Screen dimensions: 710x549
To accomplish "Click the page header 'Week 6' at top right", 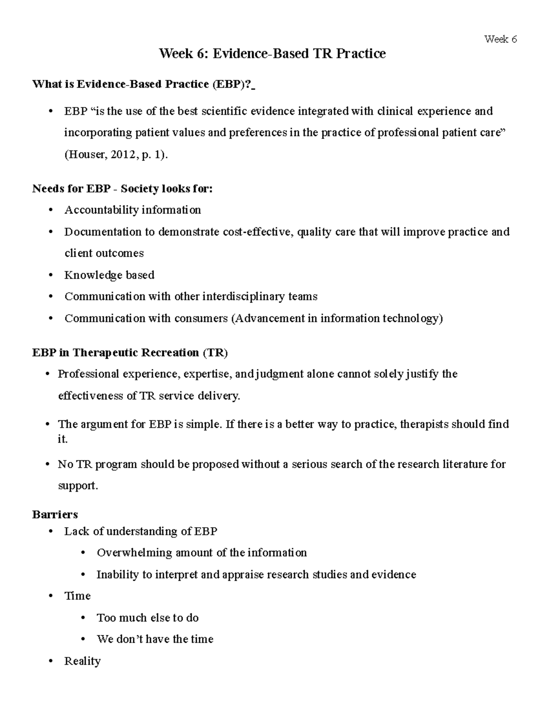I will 501,39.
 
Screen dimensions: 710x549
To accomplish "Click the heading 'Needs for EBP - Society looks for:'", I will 122,188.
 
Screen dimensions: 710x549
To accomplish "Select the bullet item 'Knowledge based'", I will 109,275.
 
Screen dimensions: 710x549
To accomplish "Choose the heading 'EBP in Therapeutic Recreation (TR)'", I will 130,352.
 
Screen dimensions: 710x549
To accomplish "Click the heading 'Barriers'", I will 55,514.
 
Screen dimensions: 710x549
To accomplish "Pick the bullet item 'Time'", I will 77,596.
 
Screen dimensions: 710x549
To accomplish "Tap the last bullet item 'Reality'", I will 82,661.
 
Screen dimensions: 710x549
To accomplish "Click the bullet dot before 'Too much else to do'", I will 83,618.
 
